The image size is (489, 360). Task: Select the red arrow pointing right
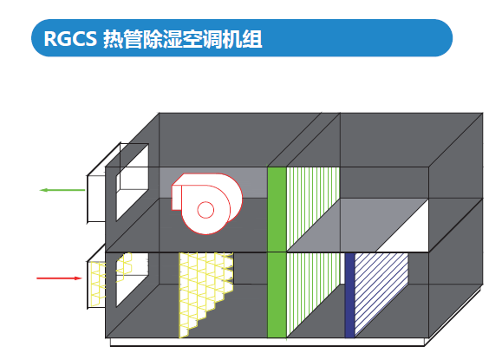[60, 278]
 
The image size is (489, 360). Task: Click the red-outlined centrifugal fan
[206, 204]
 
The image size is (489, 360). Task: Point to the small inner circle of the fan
[206, 210]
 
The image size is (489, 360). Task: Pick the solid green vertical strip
[277, 252]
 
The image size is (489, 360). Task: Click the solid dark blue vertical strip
[349, 295]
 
